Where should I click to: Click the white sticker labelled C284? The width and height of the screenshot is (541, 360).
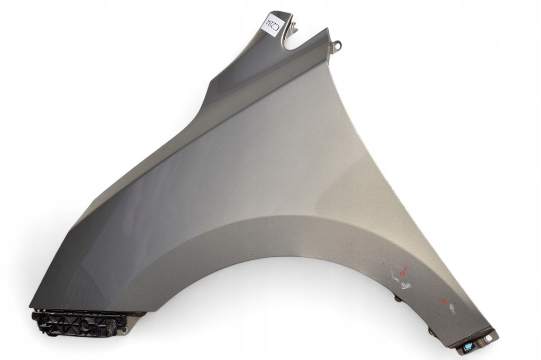tap(273, 25)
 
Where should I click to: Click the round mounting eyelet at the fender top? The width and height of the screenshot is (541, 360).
tap(338, 44)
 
